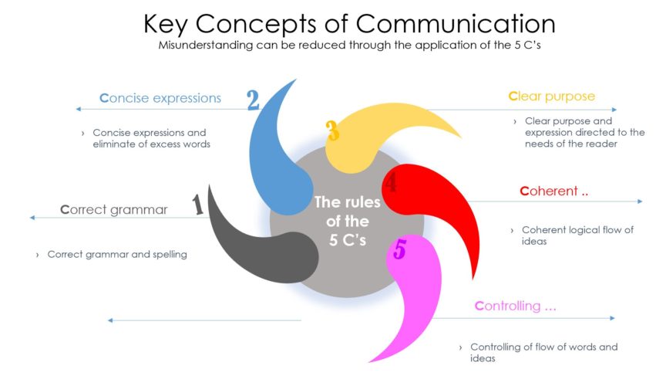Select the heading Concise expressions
click(160, 98)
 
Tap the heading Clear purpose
click(551, 96)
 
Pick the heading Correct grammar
click(113, 209)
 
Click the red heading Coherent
click(554, 191)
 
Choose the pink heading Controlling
click(516, 306)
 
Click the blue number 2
click(253, 100)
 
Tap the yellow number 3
click(332, 130)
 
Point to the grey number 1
click(197, 205)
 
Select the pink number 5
click(399, 249)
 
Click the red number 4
click(392, 183)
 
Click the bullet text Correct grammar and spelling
click(116, 254)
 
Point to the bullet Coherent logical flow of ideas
click(577, 235)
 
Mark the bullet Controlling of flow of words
click(543, 353)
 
